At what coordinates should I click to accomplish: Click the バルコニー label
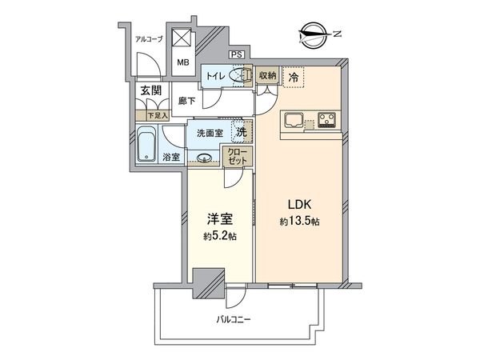coord(234,319)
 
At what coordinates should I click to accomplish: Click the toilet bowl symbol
coord(238,75)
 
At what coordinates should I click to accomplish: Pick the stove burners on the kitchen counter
coord(327,122)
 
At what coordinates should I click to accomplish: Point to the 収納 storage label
coord(268,75)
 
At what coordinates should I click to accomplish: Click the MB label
coord(182,62)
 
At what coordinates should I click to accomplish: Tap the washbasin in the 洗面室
coord(205,158)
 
